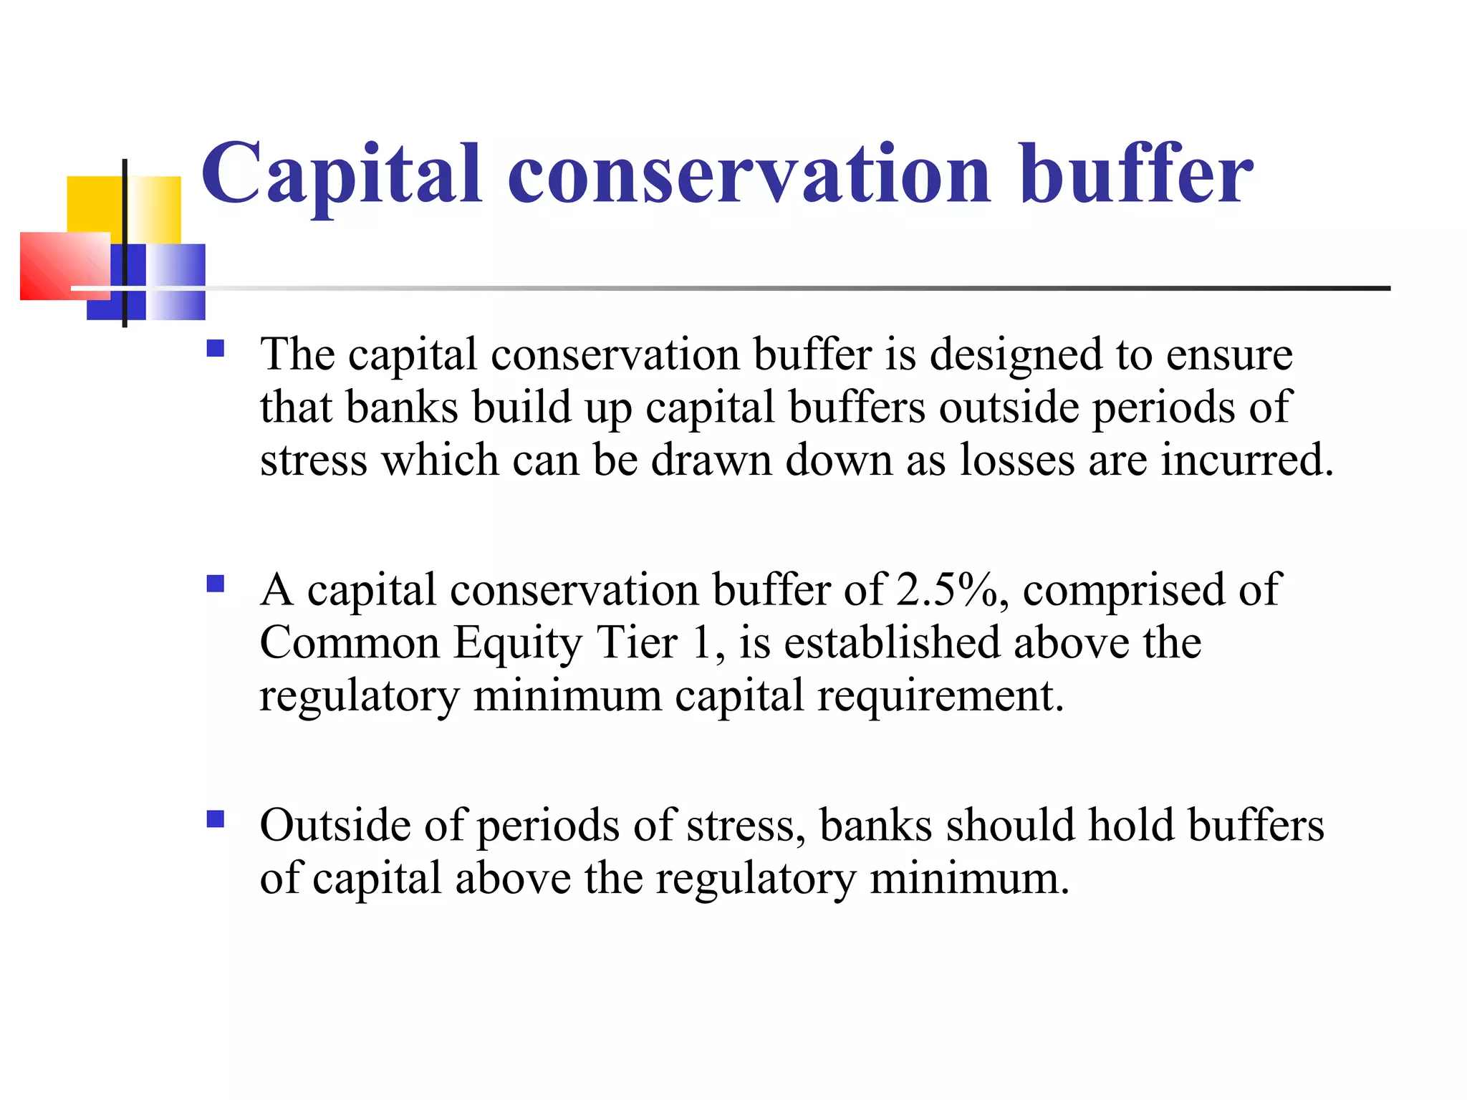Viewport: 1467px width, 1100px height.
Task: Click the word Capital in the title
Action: [341, 175]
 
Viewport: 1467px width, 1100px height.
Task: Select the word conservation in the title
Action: [749, 175]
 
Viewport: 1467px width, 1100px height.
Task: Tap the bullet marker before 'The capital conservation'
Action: [215, 349]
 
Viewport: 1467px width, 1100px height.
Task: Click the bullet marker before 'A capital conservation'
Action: [215, 584]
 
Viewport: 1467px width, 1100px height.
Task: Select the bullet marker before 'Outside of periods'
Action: [215, 819]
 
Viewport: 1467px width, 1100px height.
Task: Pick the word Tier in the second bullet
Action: [637, 642]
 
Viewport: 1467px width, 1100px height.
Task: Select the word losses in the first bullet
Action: [1016, 460]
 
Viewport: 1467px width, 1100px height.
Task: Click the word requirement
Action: [940, 696]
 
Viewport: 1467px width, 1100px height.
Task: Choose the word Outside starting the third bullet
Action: [335, 825]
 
